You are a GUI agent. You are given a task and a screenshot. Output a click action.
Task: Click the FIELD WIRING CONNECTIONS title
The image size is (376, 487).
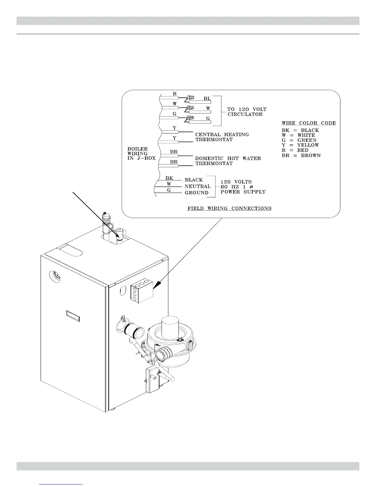229,208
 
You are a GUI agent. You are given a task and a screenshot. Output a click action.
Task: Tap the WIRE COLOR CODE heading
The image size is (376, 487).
308,123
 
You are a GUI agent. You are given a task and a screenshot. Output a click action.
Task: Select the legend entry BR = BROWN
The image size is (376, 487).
301,156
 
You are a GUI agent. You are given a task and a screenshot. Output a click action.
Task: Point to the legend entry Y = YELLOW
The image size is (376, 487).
300,145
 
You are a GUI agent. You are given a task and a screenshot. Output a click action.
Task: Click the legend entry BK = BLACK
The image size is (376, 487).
300,130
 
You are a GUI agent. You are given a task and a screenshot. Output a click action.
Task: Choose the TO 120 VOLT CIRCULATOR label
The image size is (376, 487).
247,112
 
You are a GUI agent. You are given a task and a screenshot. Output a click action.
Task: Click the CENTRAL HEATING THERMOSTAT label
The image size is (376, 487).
222,137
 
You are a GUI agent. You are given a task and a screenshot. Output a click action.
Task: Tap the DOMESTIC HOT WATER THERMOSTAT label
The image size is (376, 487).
228,161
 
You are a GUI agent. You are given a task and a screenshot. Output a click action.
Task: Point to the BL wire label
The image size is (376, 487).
207,99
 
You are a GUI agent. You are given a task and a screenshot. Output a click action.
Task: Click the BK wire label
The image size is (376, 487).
169,178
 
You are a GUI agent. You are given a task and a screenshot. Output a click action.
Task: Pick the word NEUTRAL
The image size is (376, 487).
198,186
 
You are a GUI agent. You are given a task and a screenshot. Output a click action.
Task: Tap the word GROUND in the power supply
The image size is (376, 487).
196,193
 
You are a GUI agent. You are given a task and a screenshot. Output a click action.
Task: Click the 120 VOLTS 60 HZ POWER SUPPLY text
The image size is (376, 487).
243,187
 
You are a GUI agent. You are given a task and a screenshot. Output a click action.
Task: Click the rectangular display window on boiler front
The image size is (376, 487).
72,316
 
